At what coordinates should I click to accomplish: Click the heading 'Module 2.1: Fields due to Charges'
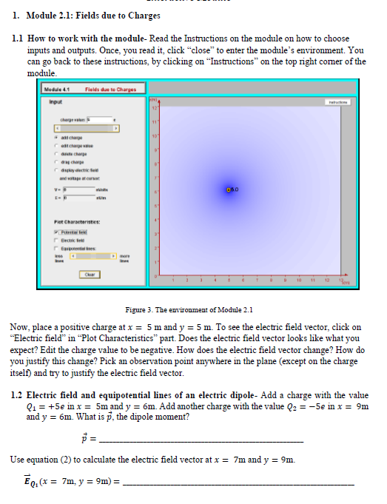(x=88, y=16)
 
